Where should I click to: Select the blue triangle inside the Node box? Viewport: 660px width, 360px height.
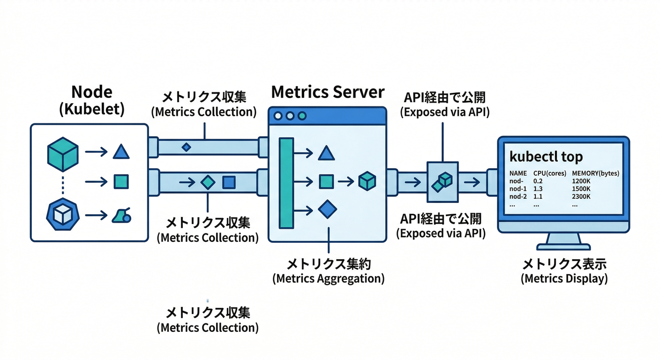tap(121, 152)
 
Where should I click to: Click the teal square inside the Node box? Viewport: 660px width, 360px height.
tap(121, 181)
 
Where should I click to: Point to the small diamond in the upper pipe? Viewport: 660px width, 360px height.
tap(186, 147)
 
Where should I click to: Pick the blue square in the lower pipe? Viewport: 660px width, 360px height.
tap(229, 182)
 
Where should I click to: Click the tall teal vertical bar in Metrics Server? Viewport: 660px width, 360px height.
tap(286, 183)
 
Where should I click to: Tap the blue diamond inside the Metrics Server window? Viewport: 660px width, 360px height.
tap(327, 210)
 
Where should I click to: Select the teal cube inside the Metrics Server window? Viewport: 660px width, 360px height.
tap(367, 181)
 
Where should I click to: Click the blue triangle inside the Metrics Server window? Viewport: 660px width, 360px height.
tap(327, 152)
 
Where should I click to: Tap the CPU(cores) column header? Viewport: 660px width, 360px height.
tap(549, 173)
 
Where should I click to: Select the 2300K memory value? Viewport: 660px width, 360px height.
tap(582, 197)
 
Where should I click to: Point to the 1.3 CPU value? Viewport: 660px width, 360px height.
tap(538, 189)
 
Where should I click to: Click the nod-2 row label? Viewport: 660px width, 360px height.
tap(518, 197)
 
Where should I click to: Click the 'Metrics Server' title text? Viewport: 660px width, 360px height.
tap(328, 92)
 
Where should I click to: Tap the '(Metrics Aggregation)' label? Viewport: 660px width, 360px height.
tap(328, 278)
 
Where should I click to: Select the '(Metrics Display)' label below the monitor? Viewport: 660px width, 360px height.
tap(564, 278)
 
